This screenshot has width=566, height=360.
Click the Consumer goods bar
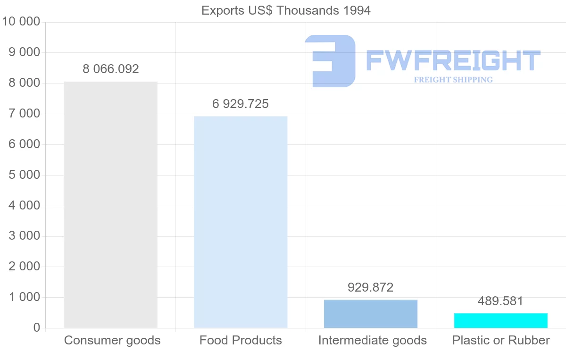(110, 205)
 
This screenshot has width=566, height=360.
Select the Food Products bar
(241, 222)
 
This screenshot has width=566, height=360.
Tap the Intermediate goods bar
(371, 314)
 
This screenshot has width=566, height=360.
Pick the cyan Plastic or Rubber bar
(501, 320)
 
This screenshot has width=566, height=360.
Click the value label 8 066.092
(111, 69)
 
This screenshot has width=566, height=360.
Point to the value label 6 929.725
(241, 104)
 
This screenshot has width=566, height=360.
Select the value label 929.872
(371, 287)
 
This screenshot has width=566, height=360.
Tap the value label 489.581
(500, 301)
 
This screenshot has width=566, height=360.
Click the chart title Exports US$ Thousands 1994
(286, 10)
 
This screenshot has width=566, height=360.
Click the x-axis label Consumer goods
(112, 340)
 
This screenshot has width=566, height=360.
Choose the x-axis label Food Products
(241, 340)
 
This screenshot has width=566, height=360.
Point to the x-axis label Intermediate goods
(372, 340)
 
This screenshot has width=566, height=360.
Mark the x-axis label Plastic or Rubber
(501, 340)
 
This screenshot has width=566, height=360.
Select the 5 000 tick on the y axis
(24, 175)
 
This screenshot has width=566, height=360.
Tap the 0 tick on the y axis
(37, 328)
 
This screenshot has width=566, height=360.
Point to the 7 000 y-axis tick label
(24, 114)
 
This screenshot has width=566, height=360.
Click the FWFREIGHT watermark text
(453, 60)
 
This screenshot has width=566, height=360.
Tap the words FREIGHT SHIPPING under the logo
(453, 80)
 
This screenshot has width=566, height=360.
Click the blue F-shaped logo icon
(330, 61)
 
